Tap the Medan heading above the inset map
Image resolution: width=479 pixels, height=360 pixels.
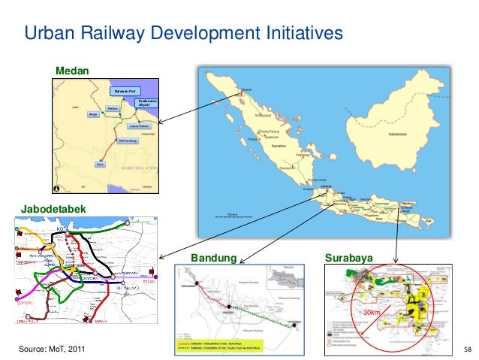point(71,71)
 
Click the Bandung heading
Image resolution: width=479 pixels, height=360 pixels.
point(214,259)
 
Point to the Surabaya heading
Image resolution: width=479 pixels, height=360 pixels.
point(349,259)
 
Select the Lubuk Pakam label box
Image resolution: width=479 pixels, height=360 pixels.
point(140,126)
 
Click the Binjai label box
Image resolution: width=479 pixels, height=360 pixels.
point(94,114)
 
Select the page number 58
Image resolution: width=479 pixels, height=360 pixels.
point(467,350)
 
